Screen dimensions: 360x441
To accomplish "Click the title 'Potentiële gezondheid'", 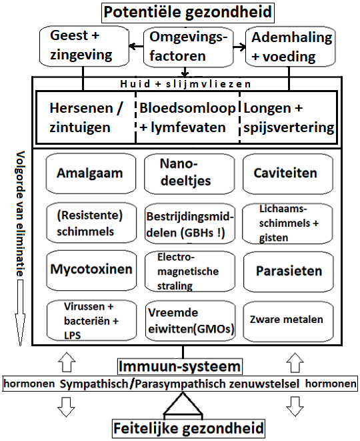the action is click(x=188, y=12).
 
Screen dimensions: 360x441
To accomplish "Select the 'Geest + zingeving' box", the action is click(x=84, y=47).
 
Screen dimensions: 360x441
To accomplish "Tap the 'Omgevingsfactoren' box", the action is click(x=189, y=47).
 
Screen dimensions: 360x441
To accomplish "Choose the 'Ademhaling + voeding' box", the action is click(x=291, y=47).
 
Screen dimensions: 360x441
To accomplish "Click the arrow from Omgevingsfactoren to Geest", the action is click(x=136, y=46).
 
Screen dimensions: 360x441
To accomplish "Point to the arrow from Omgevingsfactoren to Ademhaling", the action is click(x=239, y=47).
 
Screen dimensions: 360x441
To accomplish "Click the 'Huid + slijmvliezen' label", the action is click(x=185, y=84).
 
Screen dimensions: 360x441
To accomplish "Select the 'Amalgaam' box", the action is click(x=91, y=173).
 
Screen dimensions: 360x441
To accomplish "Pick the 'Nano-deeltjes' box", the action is click(x=189, y=174).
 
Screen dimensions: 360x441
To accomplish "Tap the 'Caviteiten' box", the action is click(x=288, y=174).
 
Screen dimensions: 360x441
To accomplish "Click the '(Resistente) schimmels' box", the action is click(x=91, y=224).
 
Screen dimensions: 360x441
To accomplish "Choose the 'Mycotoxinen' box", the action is click(x=91, y=271).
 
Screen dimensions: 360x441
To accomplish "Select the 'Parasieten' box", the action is click(x=289, y=272).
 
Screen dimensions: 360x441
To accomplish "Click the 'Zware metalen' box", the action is click(x=289, y=321).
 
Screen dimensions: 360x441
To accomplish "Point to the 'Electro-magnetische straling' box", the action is click(x=190, y=272).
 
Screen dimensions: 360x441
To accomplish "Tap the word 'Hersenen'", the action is click(x=81, y=108).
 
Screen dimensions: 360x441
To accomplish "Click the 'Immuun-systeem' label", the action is click(x=179, y=366).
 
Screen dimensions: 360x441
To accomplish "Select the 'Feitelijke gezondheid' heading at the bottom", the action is click(x=189, y=428).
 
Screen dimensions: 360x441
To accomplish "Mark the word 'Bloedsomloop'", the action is click(x=187, y=108).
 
